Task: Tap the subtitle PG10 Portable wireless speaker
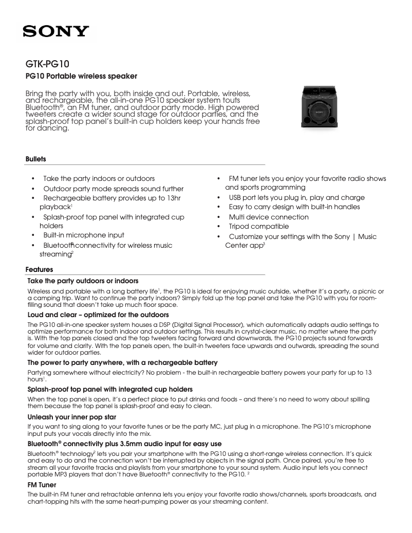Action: [x=81, y=77]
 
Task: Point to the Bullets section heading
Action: [x=35, y=159]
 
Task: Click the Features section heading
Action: [x=39, y=269]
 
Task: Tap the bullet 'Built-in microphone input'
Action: [x=83, y=235]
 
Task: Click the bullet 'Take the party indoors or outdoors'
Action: [x=99, y=179]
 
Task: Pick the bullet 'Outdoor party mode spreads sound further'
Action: [x=113, y=189]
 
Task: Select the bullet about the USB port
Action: [x=296, y=198]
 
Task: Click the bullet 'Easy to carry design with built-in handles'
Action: [x=294, y=207]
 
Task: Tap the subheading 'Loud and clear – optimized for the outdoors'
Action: [x=98, y=314]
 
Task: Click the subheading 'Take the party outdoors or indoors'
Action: [x=82, y=281]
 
